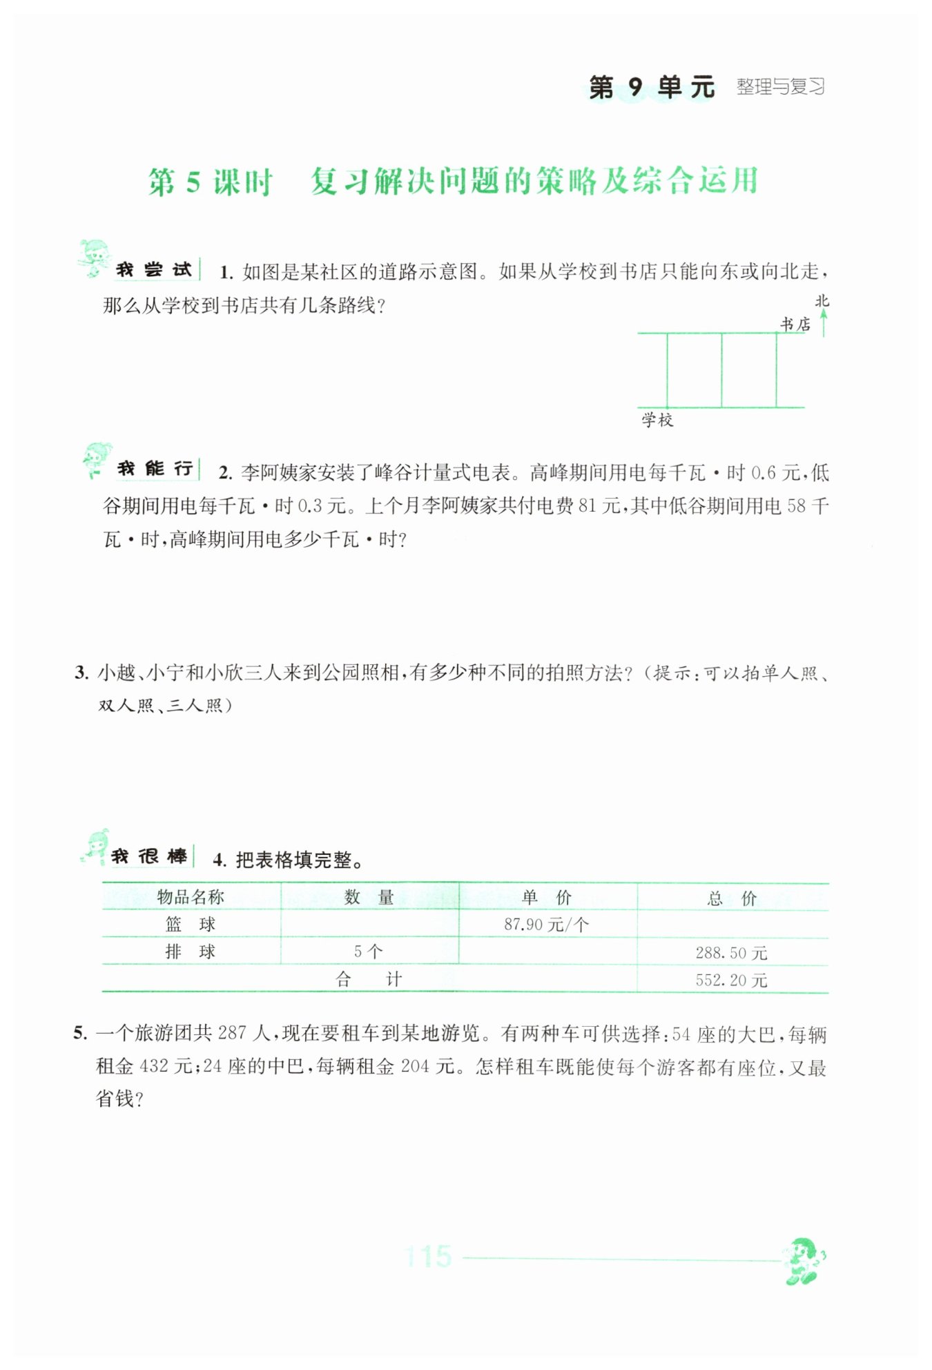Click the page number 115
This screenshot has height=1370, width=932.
427,1257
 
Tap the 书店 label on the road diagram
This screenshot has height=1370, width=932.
795,324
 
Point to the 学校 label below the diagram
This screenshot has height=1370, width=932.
657,420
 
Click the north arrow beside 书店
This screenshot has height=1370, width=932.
823,323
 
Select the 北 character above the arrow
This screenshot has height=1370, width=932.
822,301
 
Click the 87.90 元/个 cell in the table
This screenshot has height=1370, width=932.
546,925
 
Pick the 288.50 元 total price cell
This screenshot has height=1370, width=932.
731,953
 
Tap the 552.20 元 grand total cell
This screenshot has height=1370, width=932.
731,980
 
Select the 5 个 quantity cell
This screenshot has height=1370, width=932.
368,952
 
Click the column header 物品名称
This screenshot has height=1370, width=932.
191,897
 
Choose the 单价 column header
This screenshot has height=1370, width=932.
546,897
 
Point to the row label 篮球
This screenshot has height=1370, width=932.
191,924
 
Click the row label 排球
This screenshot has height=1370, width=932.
191,952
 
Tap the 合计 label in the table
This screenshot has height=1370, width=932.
368,979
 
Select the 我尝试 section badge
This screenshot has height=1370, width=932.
153,269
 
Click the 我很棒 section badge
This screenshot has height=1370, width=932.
148,857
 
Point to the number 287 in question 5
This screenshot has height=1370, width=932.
231,1033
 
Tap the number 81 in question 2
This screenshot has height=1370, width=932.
586,506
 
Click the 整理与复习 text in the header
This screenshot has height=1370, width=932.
780,87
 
